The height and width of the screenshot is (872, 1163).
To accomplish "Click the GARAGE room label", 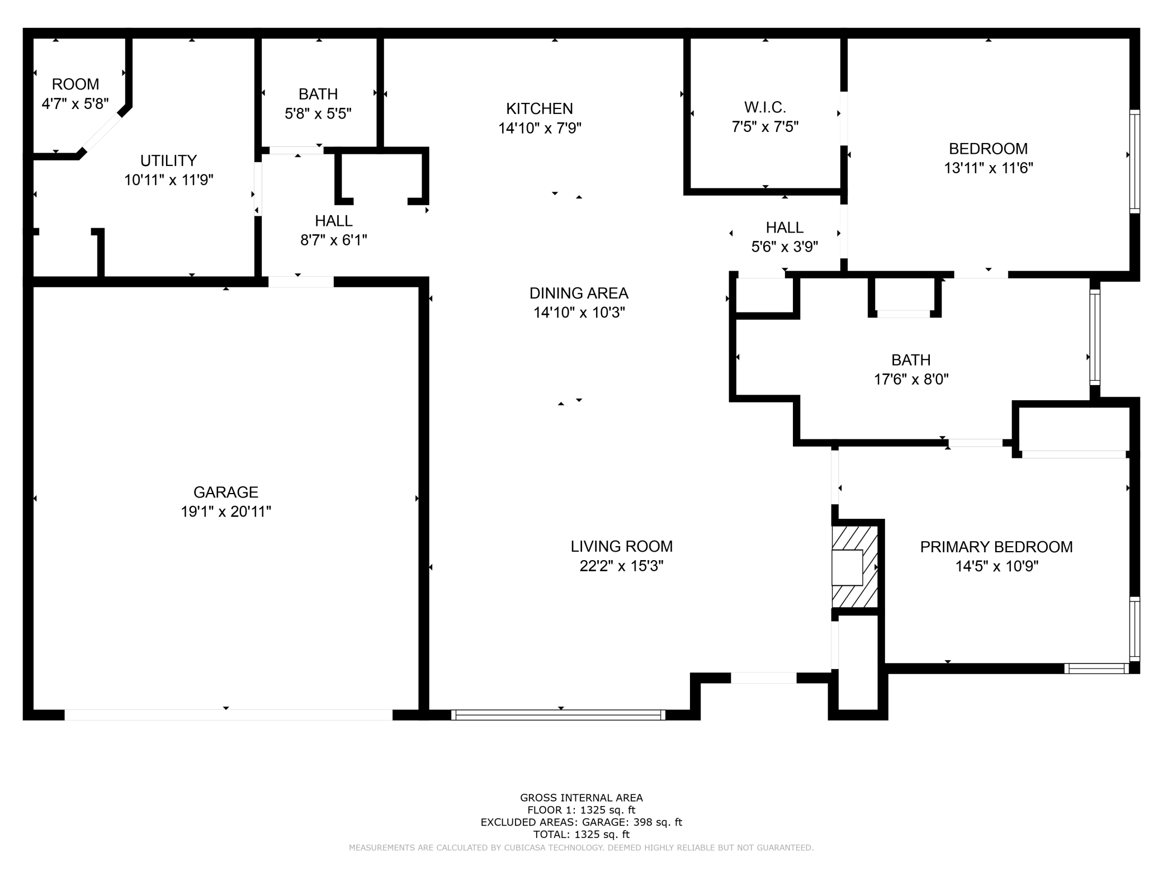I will click(226, 492).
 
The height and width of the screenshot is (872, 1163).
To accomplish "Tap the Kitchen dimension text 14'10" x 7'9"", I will click(540, 129).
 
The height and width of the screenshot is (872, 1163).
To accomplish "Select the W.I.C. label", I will click(765, 107).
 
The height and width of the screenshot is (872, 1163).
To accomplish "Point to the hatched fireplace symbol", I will click(854, 567).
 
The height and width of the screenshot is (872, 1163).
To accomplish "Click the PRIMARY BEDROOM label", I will click(996, 547).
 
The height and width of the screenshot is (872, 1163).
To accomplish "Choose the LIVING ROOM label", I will click(621, 546).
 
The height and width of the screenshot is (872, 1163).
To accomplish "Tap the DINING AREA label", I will click(579, 293).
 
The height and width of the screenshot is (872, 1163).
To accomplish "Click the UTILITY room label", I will click(168, 161).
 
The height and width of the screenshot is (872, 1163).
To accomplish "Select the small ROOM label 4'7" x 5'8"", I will click(75, 84).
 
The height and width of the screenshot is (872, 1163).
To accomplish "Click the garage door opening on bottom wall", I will click(228, 715).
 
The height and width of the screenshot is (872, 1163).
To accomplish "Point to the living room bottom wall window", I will click(558, 714).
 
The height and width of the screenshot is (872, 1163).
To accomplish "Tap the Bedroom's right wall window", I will click(1134, 161).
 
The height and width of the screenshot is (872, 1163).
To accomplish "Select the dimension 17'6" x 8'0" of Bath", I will click(911, 380).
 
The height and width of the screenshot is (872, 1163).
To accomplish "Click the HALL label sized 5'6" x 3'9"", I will click(784, 228).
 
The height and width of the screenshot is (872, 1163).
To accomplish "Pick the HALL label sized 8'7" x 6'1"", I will click(333, 221).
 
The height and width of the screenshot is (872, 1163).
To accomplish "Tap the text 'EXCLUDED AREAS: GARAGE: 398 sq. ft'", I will click(581, 822).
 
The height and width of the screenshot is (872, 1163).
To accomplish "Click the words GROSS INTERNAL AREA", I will click(581, 798).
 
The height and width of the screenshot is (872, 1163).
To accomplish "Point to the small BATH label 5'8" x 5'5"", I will click(318, 94).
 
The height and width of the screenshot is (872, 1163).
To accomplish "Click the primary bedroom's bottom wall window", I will click(1096, 668).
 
